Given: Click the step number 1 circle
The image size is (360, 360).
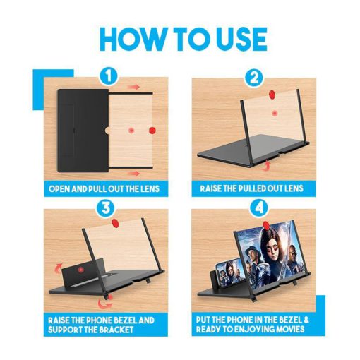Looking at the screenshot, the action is click(x=108, y=76).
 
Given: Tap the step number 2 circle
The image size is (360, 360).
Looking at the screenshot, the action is click(x=254, y=78).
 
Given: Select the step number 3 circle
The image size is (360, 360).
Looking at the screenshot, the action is click(x=106, y=208).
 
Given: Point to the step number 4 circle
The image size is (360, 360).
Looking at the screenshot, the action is click(x=259, y=208).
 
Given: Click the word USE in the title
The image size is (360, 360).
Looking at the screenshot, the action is click(x=237, y=40).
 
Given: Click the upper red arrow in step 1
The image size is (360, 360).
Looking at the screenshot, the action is click(x=133, y=87).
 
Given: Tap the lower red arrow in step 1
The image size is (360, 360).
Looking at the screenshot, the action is click(x=133, y=174).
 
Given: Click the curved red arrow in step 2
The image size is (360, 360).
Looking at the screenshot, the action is click(x=265, y=165).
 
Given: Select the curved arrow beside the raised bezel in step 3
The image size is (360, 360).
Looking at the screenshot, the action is click(x=58, y=267).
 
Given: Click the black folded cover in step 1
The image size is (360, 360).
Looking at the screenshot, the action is click(x=83, y=131).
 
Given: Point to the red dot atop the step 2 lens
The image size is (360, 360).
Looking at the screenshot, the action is click(x=272, y=95).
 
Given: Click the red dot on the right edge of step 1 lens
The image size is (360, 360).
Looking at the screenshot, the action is click(x=152, y=130).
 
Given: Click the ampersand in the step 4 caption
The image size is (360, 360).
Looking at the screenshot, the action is click(x=306, y=320).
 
